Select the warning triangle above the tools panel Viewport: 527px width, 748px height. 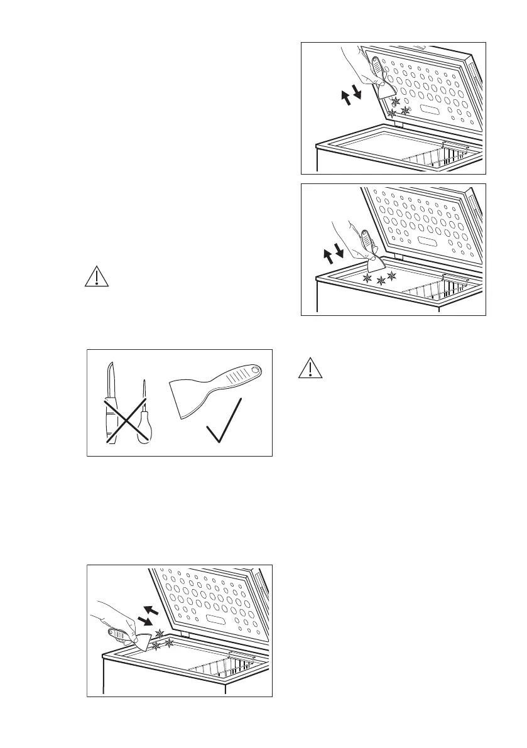(x=97, y=278)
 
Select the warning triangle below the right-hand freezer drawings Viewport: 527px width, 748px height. (x=310, y=368)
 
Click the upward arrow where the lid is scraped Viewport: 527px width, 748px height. (x=344, y=97)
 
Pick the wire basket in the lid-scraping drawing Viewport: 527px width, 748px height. (x=433, y=158)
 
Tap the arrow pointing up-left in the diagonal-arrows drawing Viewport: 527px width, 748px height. (x=152, y=609)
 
